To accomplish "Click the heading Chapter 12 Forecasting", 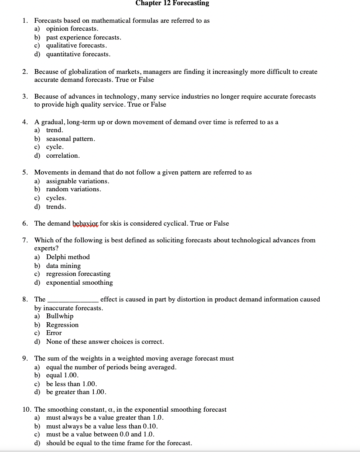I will pos(172,4).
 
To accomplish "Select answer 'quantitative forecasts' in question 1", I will pos(78,54).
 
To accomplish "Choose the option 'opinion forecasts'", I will pos(72,29).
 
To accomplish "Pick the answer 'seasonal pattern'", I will pos(71,139).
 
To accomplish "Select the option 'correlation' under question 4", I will pos(63,156).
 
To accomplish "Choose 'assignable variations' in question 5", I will pos(77,181).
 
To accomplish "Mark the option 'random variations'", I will pos(73,189).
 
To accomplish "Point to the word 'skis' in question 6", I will pos(116,224).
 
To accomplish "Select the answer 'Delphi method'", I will pos(68,257).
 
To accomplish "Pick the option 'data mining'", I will pos(63,266).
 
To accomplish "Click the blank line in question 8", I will pos(73,300).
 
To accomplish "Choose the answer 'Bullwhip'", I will pos(60,316).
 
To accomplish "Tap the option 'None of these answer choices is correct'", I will pos(105,342).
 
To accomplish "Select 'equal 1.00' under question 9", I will pos(62,375).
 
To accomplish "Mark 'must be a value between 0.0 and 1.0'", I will pos(100,434).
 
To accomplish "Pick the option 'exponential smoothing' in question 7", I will pos(79,283).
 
